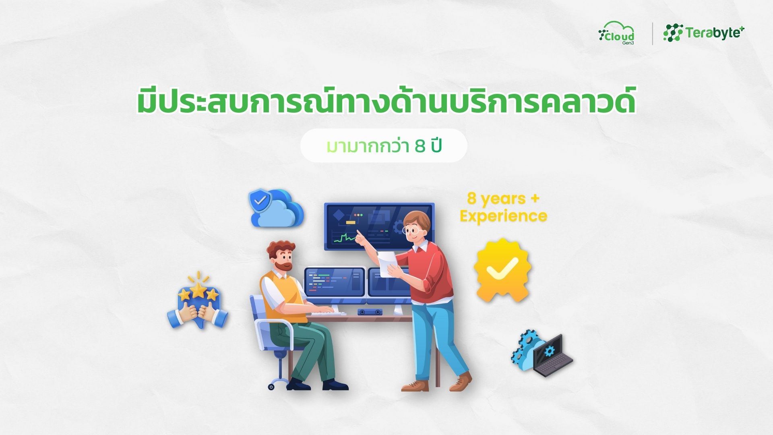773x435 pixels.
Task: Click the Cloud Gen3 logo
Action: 616,33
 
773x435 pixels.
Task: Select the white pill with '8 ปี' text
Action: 384,146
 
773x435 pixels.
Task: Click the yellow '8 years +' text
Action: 503,199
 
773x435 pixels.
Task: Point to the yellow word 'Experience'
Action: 503,216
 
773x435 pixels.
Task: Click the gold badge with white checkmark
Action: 502,270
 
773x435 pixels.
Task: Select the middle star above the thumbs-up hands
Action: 198,290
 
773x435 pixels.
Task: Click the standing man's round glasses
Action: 412,231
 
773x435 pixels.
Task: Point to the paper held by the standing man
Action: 388,264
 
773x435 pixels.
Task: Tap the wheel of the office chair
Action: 271,387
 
